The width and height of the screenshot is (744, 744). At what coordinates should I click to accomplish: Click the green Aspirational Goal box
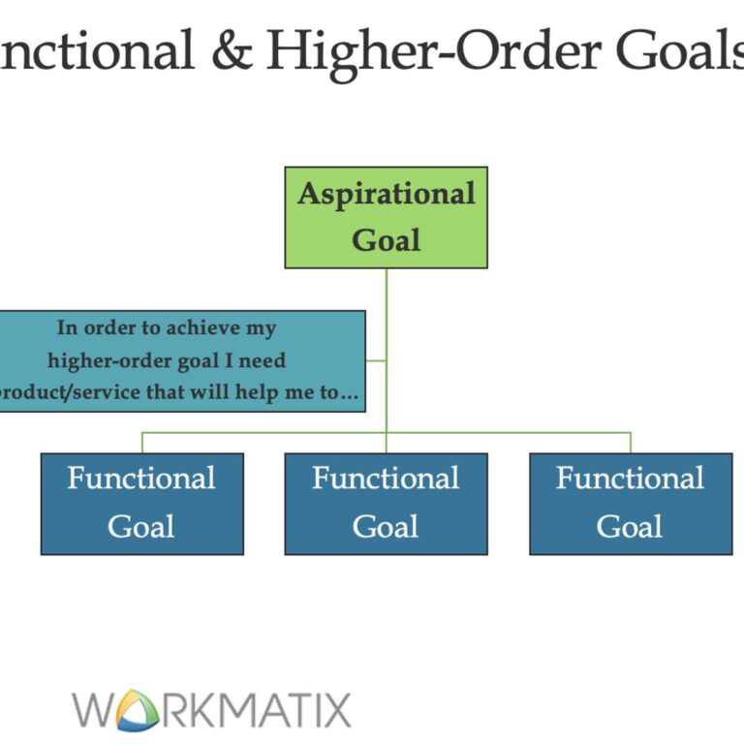386,217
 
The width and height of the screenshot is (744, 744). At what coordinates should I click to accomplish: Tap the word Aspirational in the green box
386,194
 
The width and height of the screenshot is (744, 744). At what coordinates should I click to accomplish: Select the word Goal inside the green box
386,239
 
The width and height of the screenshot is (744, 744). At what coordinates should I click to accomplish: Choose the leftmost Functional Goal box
141,504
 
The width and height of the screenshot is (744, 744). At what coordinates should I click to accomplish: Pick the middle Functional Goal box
386,504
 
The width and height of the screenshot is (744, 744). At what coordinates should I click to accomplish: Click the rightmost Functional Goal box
631,504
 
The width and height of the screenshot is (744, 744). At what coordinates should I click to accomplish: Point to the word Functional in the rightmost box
631,479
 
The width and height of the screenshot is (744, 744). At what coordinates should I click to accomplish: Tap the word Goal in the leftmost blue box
141,527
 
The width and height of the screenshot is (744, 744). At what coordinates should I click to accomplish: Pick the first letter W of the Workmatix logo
95,710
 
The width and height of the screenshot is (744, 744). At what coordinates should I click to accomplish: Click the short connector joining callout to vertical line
376,361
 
